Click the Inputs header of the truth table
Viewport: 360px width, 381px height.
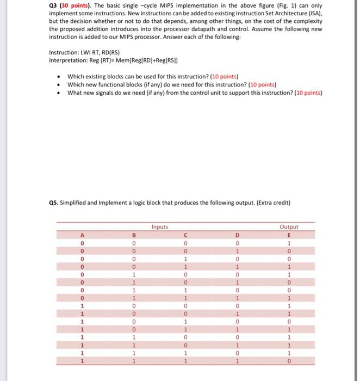(159, 226)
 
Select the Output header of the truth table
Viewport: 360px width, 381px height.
(288, 226)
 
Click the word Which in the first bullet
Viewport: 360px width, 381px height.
(76, 77)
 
